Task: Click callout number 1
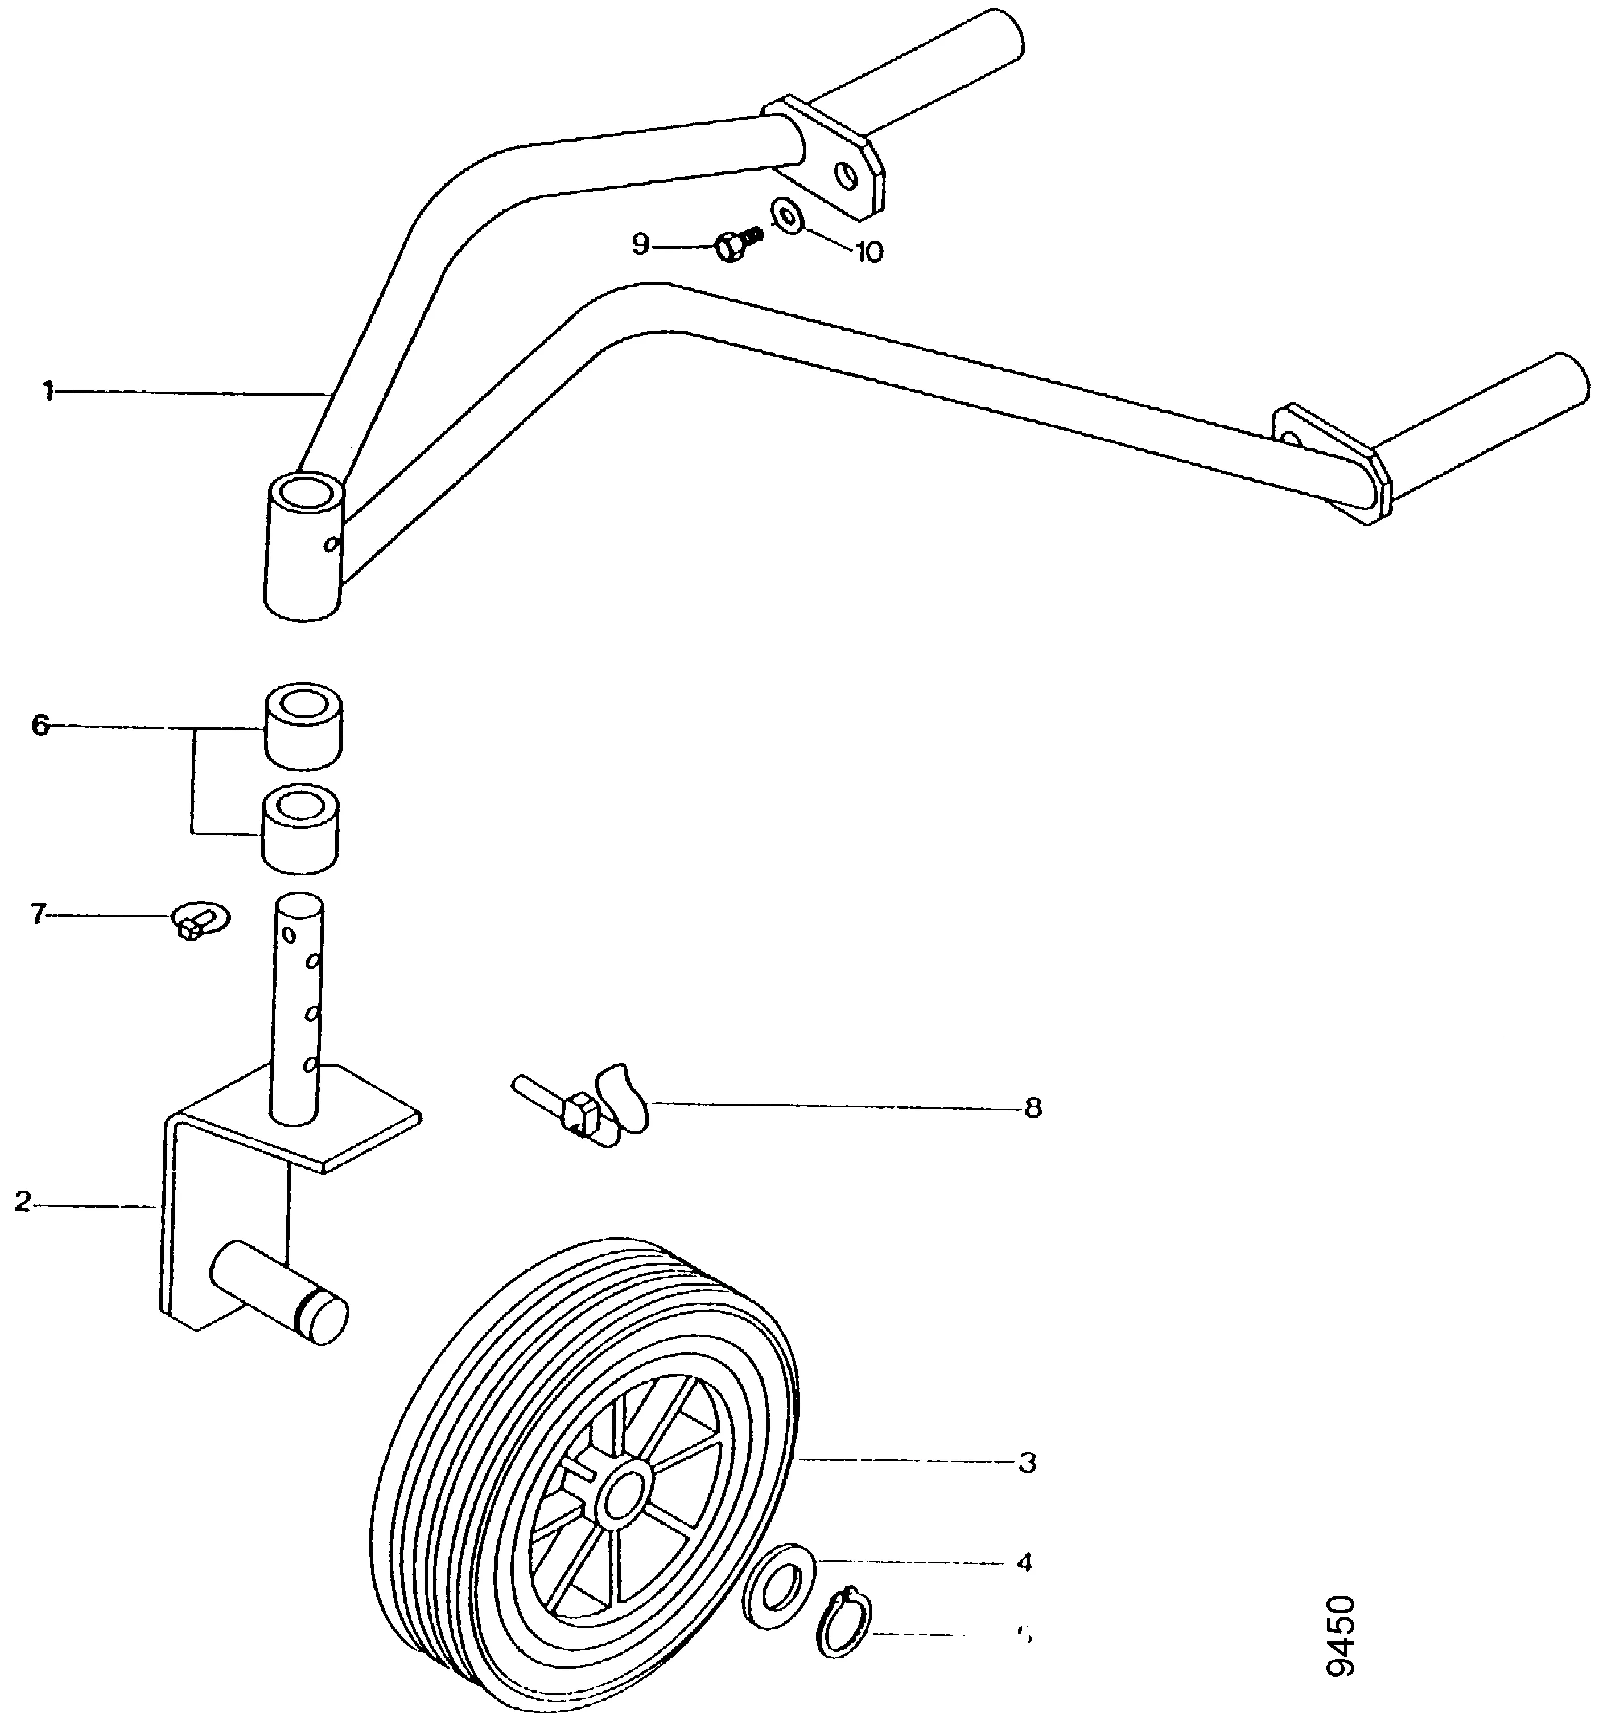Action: [48, 392]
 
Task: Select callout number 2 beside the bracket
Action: [23, 1202]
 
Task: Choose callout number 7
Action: [37, 914]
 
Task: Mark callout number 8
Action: [1032, 1109]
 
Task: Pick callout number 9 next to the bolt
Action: [640, 245]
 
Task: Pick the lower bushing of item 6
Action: [300, 830]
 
